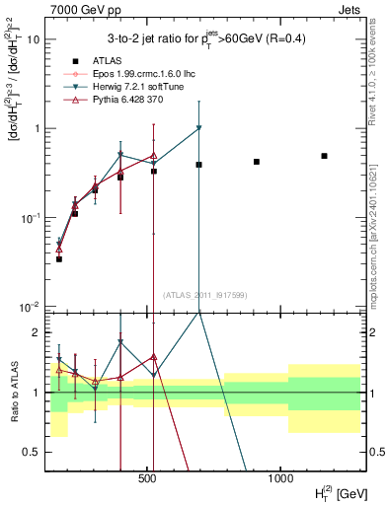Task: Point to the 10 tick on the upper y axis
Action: coord(36,39)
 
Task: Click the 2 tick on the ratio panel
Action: coord(37,332)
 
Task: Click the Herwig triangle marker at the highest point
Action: coord(199,128)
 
